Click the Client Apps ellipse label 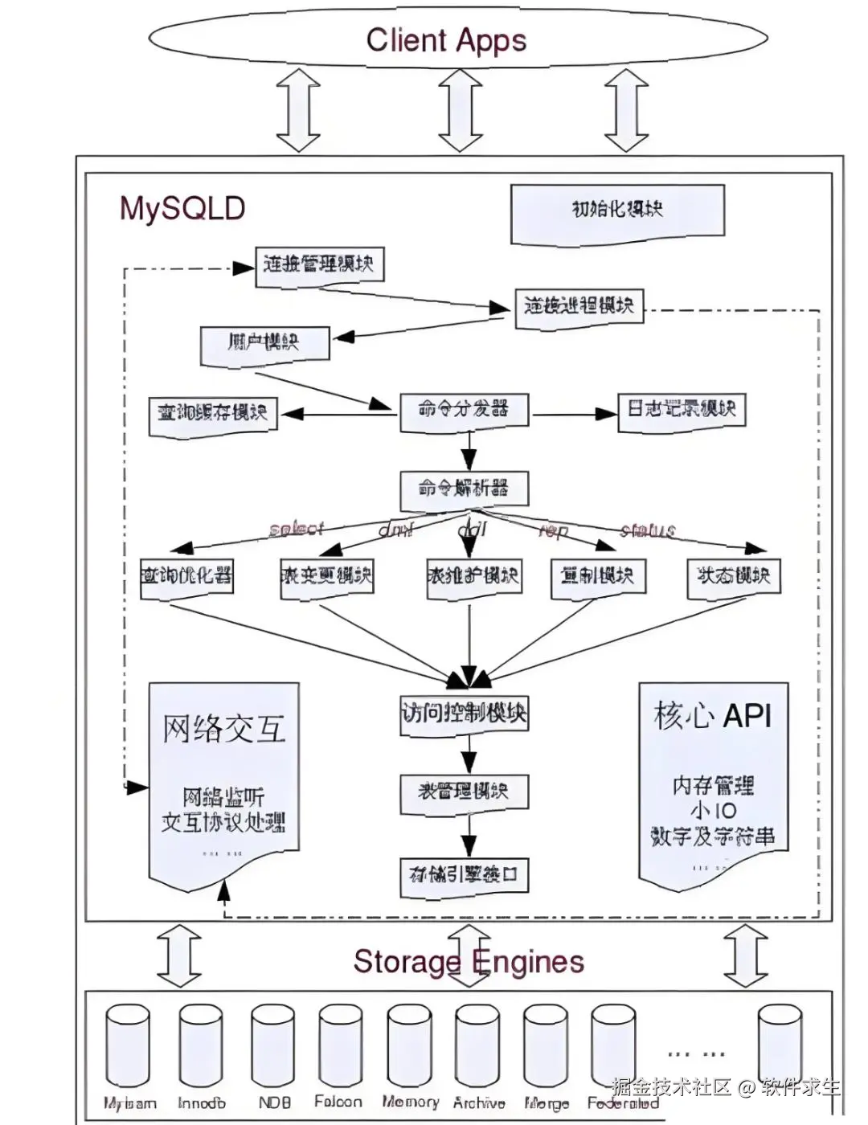click(x=446, y=40)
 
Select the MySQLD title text click(x=182, y=209)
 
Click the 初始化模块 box click(x=617, y=211)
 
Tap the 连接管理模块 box click(x=319, y=264)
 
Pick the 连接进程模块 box click(x=579, y=306)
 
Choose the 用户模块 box click(x=264, y=343)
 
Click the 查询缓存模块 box click(x=213, y=414)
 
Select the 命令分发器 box click(x=465, y=410)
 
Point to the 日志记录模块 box click(x=682, y=410)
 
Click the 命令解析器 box click(x=465, y=489)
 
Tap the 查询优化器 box click(x=187, y=576)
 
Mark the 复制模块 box click(x=597, y=577)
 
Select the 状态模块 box click(x=733, y=576)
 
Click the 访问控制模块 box click(x=465, y=714)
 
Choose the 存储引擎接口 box click(x=465, y=875)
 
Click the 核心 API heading click(x=713, y=715)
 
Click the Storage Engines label click(x=469, y=962)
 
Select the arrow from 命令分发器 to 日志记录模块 click(x=574, y=414)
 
